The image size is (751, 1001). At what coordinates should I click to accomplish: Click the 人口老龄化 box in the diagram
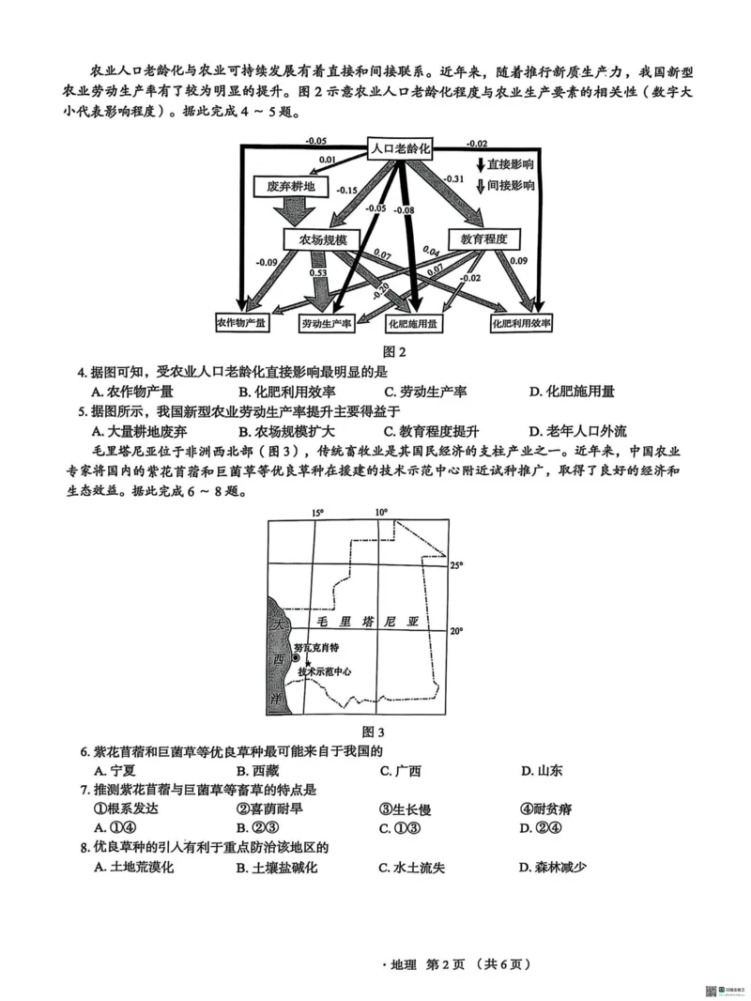pos(399,147)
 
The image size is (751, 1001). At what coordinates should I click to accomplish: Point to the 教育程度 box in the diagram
pos(483,239)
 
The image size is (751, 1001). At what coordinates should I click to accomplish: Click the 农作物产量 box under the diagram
pos(241,322)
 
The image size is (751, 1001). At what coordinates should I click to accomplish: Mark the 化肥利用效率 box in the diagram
pos(521,323)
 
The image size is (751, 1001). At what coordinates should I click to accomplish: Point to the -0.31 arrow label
pos(453,178)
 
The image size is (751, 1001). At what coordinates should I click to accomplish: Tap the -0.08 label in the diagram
pos(405,210)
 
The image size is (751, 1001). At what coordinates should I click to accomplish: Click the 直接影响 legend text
pos(510,164)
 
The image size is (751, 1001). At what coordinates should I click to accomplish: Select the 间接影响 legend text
pos(510,185)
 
